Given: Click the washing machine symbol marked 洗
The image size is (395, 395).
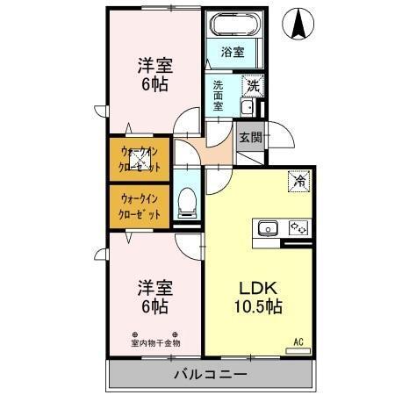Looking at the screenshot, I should coord(253,86).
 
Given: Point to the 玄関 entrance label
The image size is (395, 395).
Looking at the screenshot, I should coord(249,137).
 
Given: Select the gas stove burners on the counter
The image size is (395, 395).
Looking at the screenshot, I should coord(297,229).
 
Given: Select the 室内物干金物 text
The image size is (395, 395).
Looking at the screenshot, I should coord(154,342).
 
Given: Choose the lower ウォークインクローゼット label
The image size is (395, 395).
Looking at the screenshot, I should coord(140,205).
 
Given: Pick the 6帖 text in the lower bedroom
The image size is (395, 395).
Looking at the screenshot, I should coord(154,306).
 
